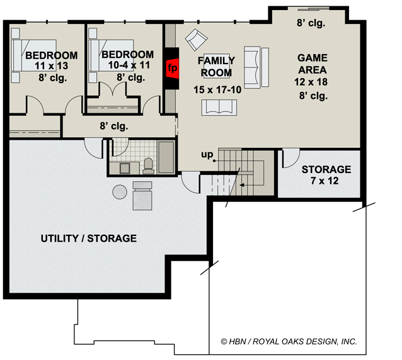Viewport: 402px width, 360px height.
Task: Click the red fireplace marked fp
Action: pos(172,68)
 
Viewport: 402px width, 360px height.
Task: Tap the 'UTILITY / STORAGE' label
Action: pos(89,239)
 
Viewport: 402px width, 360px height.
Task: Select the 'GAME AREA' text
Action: pos(313,64)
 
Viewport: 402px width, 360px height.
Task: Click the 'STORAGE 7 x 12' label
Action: pos(326,175)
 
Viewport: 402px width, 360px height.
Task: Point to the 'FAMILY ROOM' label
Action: pos(216,67)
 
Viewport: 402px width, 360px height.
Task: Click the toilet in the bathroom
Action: pos(149,166)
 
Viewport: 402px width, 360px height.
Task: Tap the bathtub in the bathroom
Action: pos(166,157)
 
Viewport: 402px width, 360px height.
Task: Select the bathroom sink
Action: pos(125,168)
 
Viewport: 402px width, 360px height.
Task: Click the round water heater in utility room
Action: pos(120,192)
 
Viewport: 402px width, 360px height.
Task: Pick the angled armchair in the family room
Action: pos(197,40)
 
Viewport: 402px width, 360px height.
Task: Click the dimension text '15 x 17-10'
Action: pos(217,90)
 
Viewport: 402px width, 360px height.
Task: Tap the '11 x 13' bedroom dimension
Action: pos(52,66)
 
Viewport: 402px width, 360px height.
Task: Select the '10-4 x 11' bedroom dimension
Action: pos(129,65)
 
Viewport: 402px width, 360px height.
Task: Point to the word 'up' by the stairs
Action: pos(207,155)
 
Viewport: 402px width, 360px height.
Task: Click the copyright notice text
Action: pos(289,341)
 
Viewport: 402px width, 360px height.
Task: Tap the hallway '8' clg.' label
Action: pos(114,126)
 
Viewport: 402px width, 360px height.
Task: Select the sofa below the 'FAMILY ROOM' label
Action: pos(219,108)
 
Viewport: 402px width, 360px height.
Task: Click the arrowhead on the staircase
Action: pos(241,185)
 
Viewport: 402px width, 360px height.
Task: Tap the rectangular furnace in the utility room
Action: pos(142,196)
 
